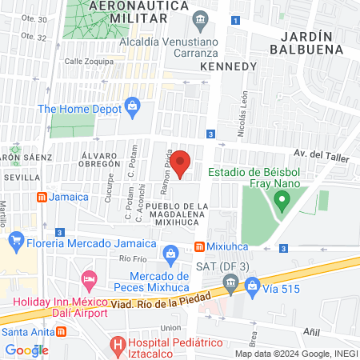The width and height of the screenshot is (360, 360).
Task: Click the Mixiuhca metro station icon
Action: pyautogui.click(x=199, y=246)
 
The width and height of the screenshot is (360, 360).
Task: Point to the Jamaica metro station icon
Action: pyautogui.click(x=42, y=197)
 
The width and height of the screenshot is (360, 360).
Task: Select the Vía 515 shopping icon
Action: pyautogui.click(x=252, y=284)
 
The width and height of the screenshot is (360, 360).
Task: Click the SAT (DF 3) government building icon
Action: pyautogui.click(x=231, y=282)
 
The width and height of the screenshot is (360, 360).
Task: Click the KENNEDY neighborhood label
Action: pyautogui.click(x=228, y=66)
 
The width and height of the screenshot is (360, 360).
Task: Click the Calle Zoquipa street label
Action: pyautogui.click(x=85, y=61)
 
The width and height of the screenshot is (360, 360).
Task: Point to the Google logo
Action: pyautogui.click(x=26, y=350)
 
